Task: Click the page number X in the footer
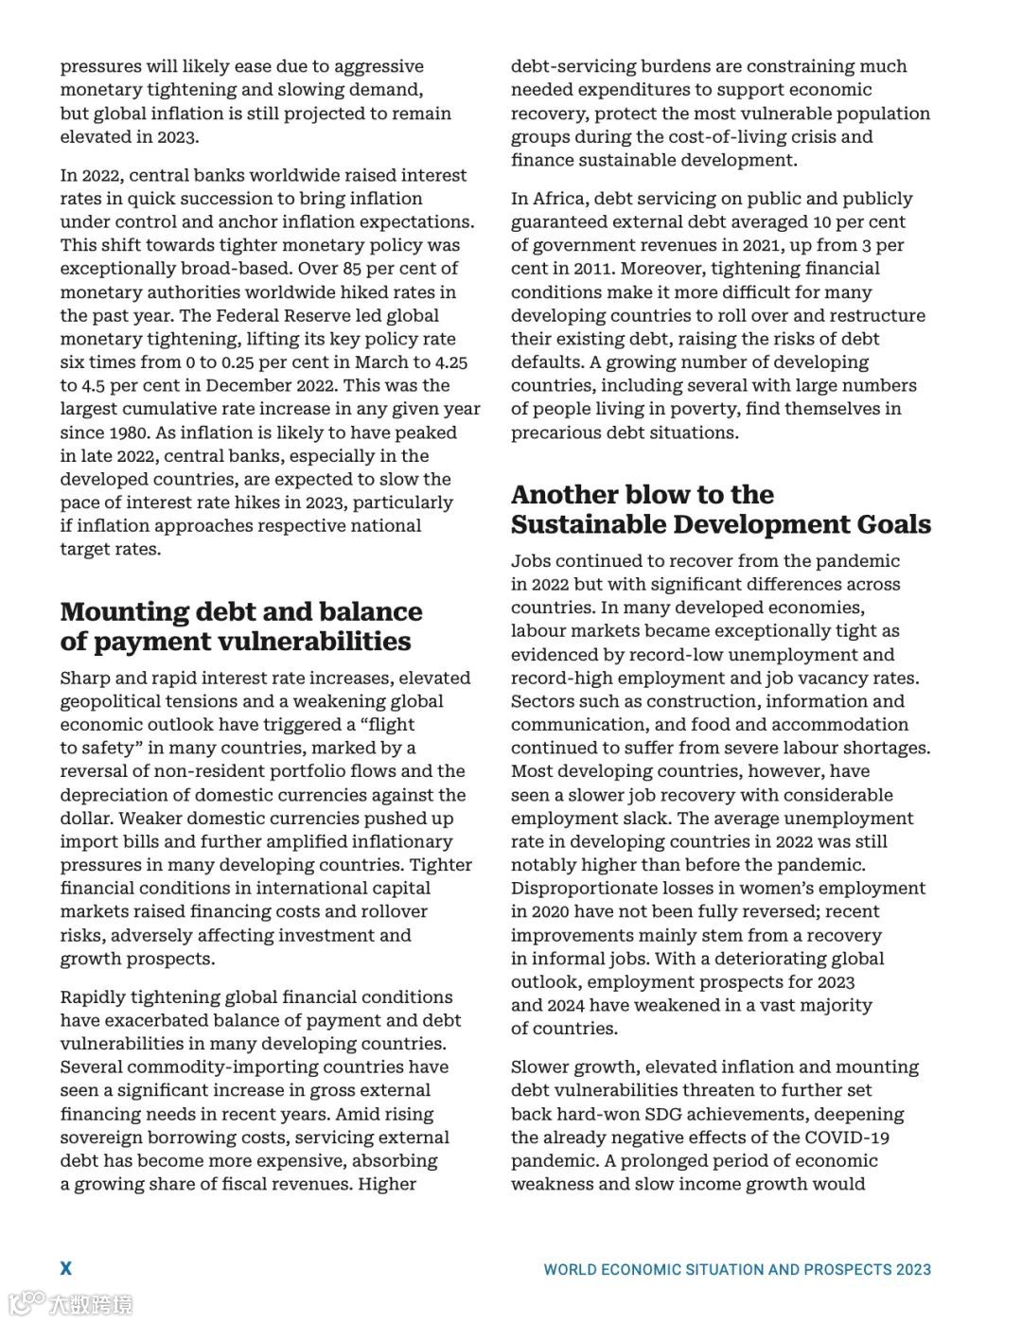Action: tap(66, 1268)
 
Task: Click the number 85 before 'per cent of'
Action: tap(351, 269)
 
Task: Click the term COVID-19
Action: tap(847, 1138)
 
